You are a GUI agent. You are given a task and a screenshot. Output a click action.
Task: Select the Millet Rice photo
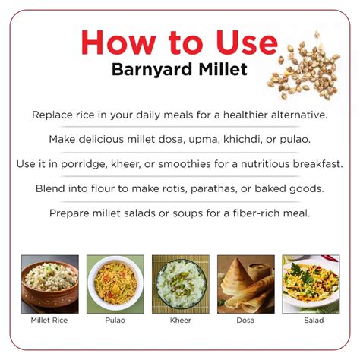49,284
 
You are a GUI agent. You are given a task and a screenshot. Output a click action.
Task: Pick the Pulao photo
115,284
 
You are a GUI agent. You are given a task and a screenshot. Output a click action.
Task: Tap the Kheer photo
180,284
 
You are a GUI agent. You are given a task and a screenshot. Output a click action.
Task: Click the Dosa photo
245,284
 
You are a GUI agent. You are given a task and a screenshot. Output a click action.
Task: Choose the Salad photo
310,284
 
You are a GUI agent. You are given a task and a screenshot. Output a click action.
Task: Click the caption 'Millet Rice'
49,321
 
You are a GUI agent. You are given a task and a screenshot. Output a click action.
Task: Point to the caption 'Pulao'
115,321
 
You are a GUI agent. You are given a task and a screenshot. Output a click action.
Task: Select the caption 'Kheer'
180,321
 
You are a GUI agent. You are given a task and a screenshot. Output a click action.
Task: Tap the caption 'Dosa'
245,321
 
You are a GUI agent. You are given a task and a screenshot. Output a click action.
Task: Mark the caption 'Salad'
311,321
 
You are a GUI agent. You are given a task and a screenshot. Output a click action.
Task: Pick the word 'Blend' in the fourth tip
51,188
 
